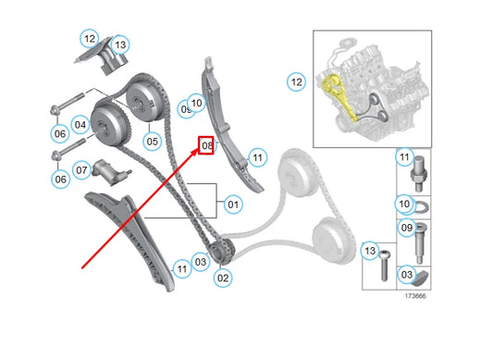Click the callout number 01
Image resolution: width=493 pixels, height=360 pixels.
[231, 204]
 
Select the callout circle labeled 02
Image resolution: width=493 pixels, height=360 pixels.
[223, 277]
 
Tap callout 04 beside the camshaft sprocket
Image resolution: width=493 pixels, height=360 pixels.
[80, 125]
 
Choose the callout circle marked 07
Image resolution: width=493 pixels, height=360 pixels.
[80, 170]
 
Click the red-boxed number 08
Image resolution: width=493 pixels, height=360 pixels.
[206, 145]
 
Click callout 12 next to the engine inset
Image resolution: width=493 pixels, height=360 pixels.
[295, 81]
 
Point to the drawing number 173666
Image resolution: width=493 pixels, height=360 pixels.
[414, 297]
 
